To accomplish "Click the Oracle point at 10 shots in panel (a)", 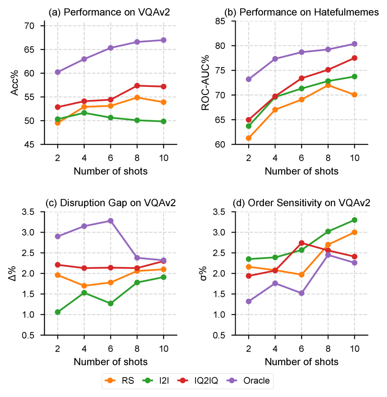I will pos(163,40).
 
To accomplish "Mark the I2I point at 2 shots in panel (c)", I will pos(57,312).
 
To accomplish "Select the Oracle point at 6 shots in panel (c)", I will pos(111,221).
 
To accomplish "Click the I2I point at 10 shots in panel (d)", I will pos(354,220).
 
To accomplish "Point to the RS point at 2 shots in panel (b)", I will pos(248,138).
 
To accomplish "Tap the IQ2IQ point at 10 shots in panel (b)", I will pos(354,58).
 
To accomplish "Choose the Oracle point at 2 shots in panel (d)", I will pos(248,301).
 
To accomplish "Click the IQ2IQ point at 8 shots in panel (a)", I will pos(137,86).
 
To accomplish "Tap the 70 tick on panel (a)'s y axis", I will pos(30,26).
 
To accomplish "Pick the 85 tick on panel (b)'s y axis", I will pos(221,21).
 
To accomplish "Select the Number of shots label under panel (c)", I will pos(111,362).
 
